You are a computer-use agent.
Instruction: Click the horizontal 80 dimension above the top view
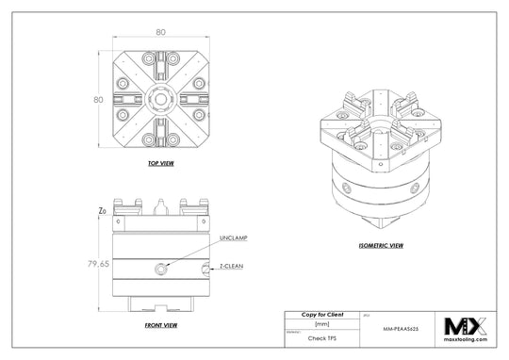160,31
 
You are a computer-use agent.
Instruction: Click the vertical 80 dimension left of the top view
97,97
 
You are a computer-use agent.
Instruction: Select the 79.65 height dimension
98,264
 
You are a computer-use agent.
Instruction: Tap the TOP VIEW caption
160,163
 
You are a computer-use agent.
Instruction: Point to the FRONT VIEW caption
160,326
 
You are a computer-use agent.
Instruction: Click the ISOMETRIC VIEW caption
381,245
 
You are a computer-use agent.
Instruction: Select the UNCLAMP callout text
233,238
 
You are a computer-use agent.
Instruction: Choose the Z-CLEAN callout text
233,267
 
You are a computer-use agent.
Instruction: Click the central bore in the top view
161,98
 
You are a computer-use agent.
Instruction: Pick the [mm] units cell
321,323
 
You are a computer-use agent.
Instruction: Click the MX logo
466,325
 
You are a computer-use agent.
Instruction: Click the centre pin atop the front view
161,203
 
